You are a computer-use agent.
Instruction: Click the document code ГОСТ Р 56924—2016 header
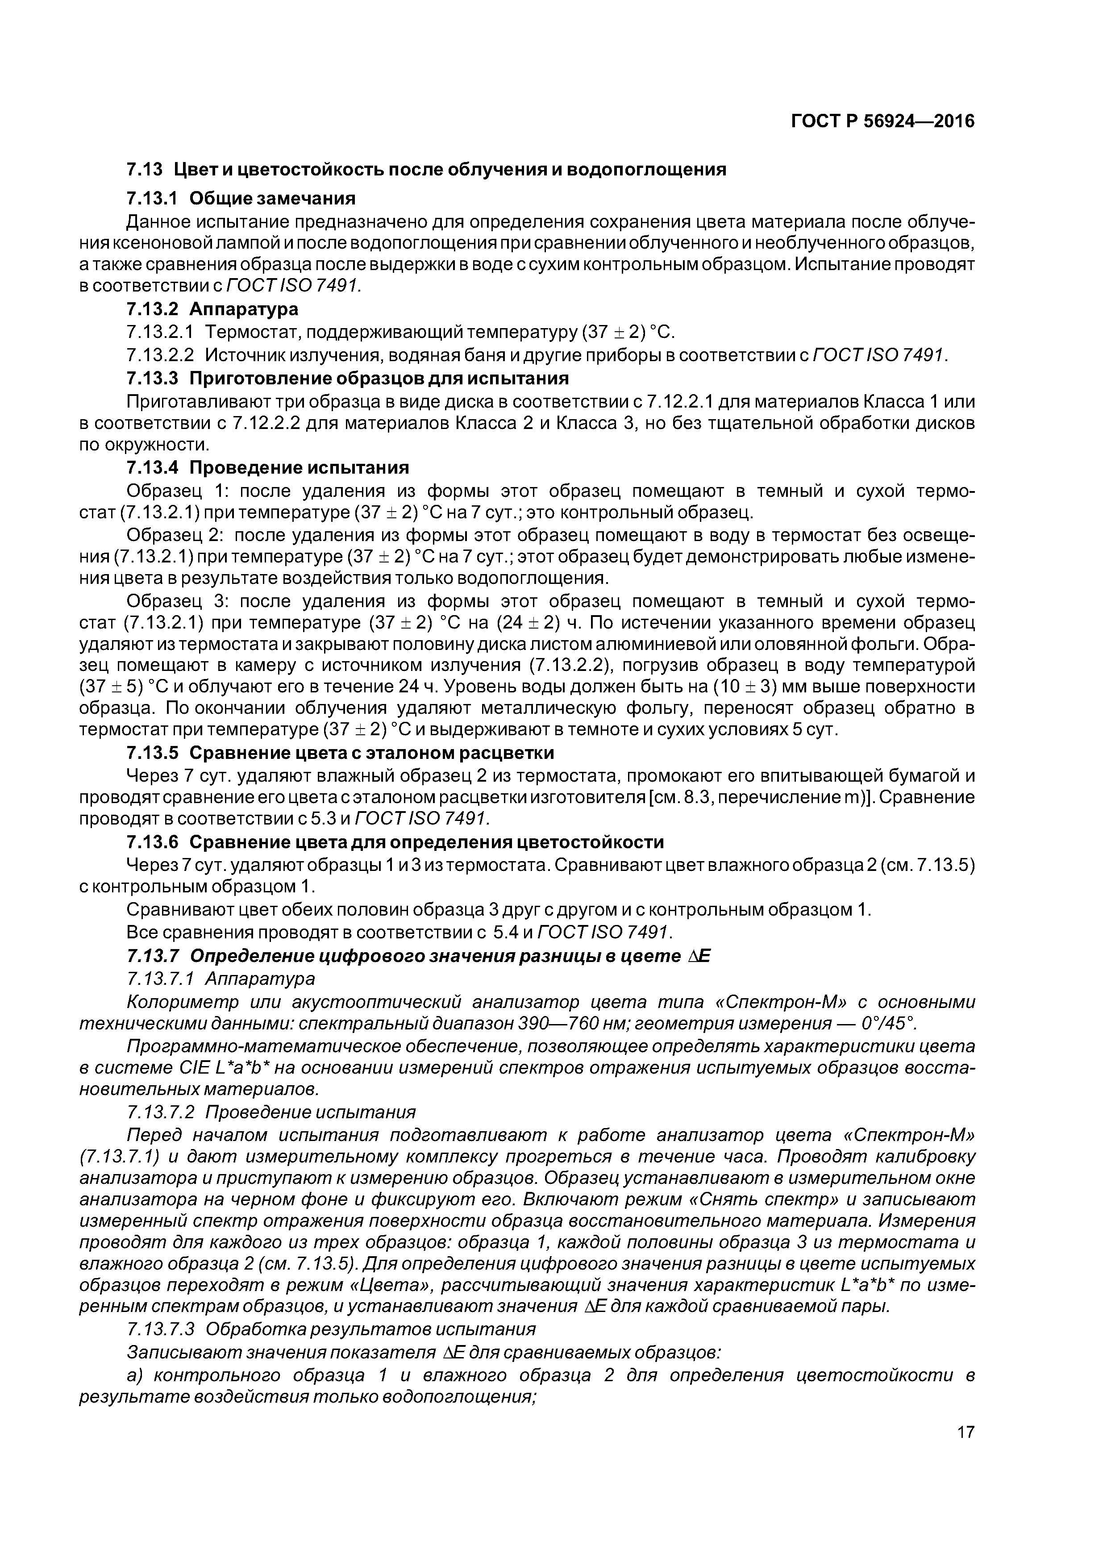point(882,121)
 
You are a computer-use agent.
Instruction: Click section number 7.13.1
point(151,199)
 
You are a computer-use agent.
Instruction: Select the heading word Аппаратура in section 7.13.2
point(244,309)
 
